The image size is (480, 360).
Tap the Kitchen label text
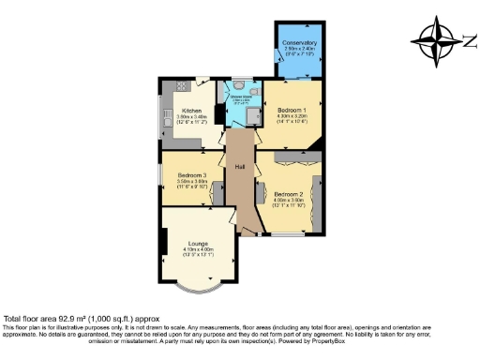(x=192, y=111)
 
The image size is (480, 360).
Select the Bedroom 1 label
(x=291, y=110)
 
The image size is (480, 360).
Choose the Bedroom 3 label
(x=191, y=175)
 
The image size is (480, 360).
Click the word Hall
(x=241, y=166)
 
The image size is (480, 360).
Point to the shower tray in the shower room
(x=253, y=114)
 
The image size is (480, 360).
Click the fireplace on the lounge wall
(x=164, y=241)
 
